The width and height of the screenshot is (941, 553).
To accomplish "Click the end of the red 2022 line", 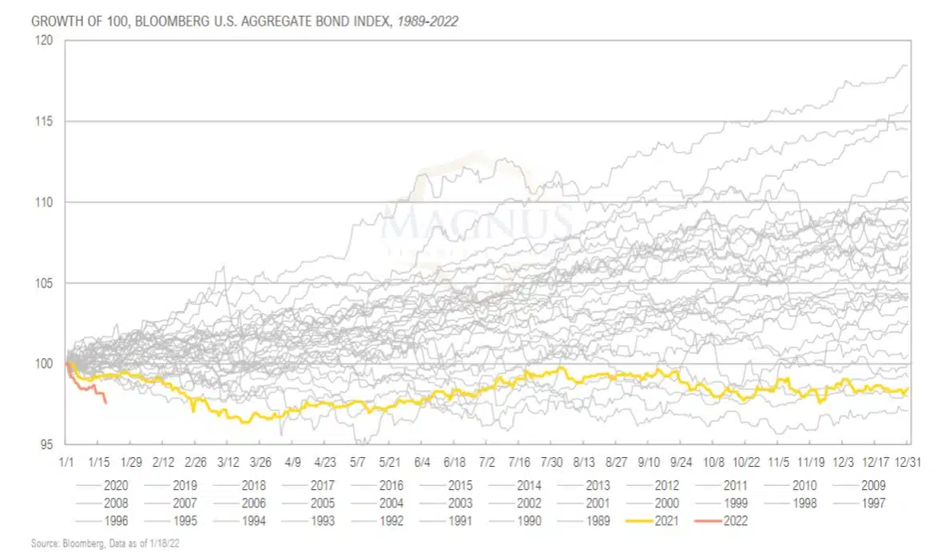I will click(x=106, y=402).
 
